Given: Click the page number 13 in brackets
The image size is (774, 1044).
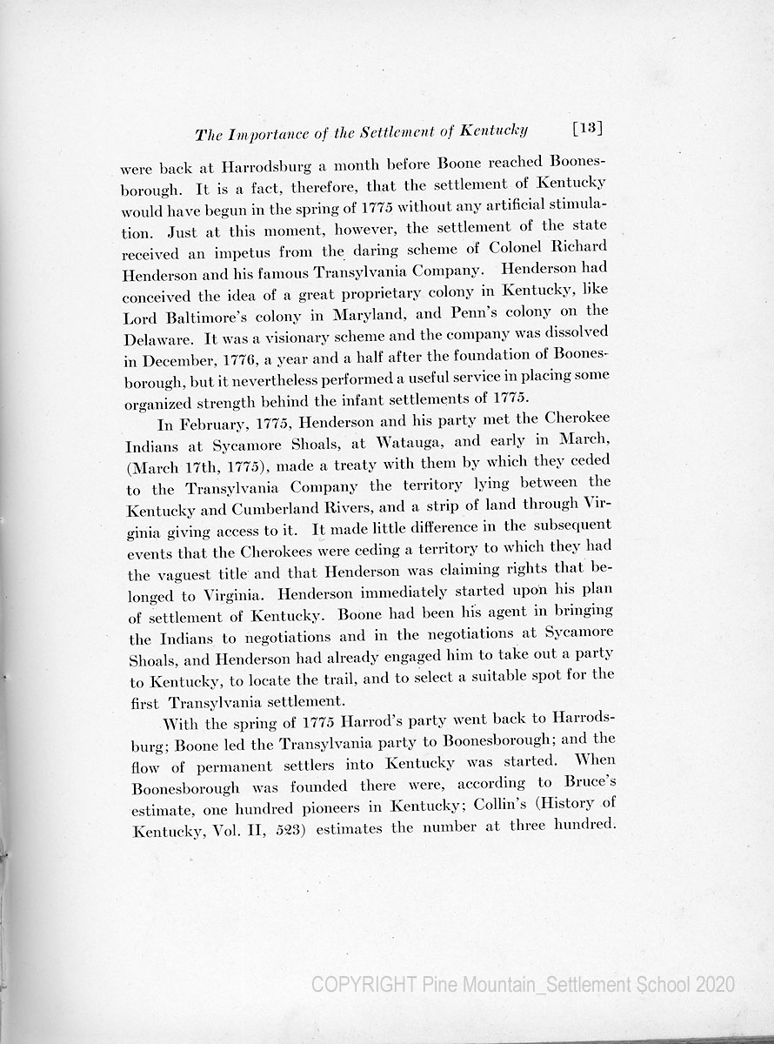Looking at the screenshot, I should point(588,129).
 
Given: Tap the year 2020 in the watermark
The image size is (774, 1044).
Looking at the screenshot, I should point(716,985).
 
